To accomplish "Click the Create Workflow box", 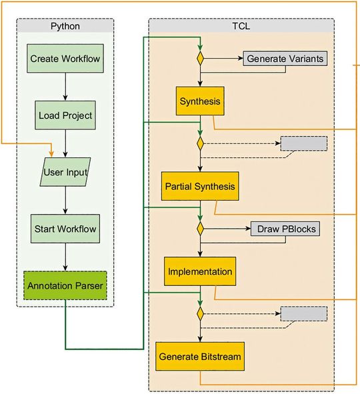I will [x=65, y=59].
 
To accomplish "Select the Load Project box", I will [x=65, y=115].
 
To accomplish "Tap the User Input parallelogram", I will [x=65, y=172].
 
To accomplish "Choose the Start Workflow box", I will [x=65, y=229].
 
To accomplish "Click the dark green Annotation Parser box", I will [x=65, y=286].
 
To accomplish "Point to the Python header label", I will [x=65, y=26].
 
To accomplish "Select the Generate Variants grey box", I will [x=285, y=59].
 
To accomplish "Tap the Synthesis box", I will [x=199, y=102].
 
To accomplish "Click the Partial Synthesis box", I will [x=199, y=187].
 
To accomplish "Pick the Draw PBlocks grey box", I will [x=285, y=229].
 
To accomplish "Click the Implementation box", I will [x=199, y=272].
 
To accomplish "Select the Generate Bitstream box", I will [x=199, y=357].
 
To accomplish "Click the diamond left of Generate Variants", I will [x=199, y=59].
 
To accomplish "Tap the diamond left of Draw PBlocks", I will [x=199, y=229].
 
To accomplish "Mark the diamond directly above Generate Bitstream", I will [x=199, y=313].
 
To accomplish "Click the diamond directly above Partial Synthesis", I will [x=199, y=143].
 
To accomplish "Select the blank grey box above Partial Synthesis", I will [x=303, y=143].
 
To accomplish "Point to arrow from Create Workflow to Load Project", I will [x=65, y=87].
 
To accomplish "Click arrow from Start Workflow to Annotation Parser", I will [x=65, y=257].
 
